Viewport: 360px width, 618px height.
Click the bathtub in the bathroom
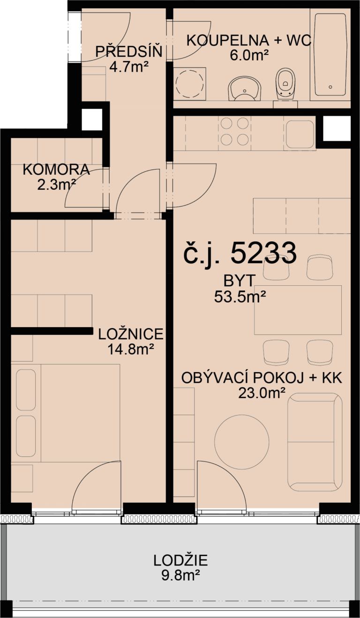(330, 54)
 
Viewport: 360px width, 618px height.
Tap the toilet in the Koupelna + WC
(285, 84)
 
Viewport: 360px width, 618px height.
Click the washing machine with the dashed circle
(190, 83)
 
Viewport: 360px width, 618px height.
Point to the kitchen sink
(300, 134)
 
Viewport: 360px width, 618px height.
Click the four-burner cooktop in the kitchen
(234, 132)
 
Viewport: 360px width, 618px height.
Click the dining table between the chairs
(298, 310)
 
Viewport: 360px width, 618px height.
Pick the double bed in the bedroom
(68, 413)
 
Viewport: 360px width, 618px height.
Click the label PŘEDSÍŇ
(128, 52)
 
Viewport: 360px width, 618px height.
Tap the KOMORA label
(56, 170)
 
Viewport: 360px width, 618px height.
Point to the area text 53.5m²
(240, 297)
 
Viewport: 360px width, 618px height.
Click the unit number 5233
(263, 253)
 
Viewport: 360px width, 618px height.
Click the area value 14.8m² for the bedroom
(131, 350)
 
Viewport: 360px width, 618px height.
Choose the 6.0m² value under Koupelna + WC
(249, 56)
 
